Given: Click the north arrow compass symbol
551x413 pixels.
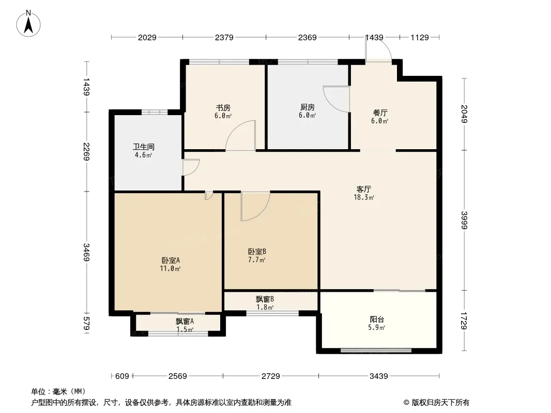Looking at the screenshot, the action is pos(28,24).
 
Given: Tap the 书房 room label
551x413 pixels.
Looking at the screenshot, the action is pos(223,108).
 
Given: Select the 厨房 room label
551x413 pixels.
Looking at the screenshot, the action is pos(308,107).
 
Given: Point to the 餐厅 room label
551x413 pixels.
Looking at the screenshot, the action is pos(380,113).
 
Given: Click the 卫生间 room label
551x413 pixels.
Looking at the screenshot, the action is pos(143,147).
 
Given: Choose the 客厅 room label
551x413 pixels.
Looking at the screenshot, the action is pos(364,189).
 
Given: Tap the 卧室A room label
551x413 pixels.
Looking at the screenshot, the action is pos(171,260).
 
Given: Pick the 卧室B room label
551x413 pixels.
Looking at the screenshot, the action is pos(257,251).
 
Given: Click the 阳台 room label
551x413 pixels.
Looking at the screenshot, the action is pos(377,320).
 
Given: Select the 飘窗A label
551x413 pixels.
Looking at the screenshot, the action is pos(185,322).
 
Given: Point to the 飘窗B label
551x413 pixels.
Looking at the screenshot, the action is pos(265,299).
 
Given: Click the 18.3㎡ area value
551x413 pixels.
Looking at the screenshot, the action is pos(364,198).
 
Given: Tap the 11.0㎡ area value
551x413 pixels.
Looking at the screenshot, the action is pos(170,269).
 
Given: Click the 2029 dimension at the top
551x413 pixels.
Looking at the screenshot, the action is pos(147,38).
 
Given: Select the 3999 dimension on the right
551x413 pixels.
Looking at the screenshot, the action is pos(464,220).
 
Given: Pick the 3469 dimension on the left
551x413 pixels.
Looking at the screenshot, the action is pos(86,252).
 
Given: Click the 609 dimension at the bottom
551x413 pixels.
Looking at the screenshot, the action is pos(122,376).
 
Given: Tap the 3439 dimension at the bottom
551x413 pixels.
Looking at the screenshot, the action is pos(378,376).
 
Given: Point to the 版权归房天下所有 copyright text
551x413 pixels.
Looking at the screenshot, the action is pos(440,403).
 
